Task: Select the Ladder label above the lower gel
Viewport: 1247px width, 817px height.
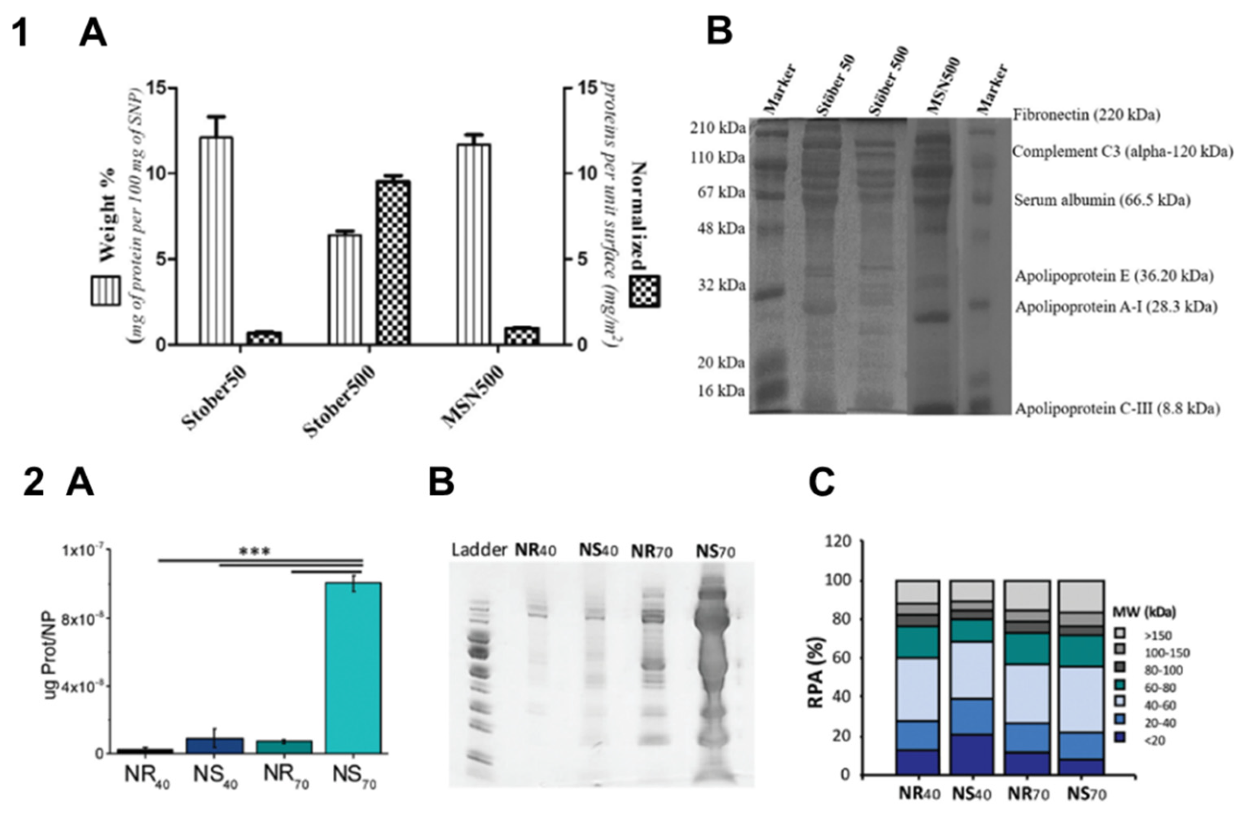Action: coord(479,550)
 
